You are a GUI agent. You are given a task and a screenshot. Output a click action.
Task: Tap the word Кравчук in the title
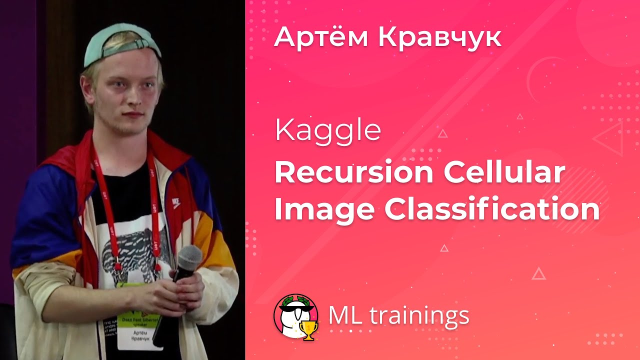(x=439, y=37)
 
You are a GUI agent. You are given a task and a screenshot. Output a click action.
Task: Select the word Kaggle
(x=327, y=130)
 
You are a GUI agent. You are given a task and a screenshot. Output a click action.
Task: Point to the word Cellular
(x=504, y=172)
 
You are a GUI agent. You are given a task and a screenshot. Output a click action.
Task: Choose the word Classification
(x=492, y=210)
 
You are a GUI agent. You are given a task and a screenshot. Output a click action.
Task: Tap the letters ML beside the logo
(x=345, y=315)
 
